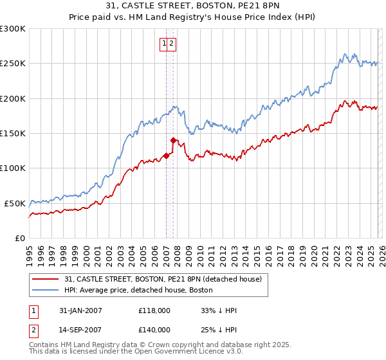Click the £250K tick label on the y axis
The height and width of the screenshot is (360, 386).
click(13, 64)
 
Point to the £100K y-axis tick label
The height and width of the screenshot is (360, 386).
click(13, 168)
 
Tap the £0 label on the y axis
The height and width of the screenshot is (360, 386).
click(20, 238)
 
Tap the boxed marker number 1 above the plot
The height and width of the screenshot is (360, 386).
click(165, 44)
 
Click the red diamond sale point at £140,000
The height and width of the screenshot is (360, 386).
click(173, 140)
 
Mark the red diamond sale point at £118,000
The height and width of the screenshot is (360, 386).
click(166, 155)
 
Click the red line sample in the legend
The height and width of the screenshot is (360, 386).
click(45, 280)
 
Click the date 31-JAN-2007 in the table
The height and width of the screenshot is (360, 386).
click(79, 310)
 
